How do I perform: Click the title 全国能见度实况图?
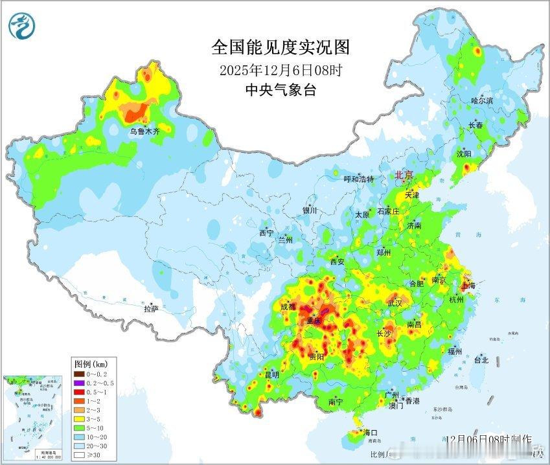coord(281,47)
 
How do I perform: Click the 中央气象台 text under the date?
coord(281,90)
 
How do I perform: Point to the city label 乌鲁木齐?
coord(144,131)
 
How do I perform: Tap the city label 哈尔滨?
coord(482,100)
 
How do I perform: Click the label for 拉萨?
coord(151,310)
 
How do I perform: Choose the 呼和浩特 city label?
coord(358,179)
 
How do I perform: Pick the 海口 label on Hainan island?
coord(371,432)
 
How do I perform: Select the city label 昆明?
coord(271,374)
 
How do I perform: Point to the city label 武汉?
coord(395,302)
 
